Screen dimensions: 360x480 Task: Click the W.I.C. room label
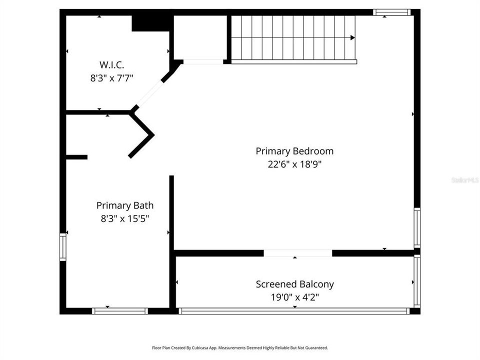pos(111,64)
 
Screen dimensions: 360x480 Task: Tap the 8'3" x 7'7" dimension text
pos(111,78)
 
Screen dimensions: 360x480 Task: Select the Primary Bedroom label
pos(294,151)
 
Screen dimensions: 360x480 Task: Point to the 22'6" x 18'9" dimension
pos(294,164)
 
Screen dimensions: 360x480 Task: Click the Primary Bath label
pos(125,205)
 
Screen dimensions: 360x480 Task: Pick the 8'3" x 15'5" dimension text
pos(125,218)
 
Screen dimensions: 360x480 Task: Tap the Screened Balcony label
pos(294,284)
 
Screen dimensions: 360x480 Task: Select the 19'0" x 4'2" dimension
pos(294,297)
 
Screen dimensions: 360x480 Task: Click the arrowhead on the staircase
pos(352,37)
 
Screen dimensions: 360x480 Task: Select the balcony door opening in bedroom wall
pos(298,253)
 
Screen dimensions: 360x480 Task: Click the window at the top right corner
pos(391,12)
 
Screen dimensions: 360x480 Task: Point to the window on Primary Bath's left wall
pos(63,247)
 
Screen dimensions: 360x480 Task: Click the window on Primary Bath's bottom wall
pos(120,311)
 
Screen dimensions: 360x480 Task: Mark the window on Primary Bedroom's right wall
pos(417,227)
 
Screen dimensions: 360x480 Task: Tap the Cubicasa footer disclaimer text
pos(240,347)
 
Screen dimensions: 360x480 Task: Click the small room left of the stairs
pos(200,37)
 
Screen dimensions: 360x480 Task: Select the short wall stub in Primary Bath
pos(76,157)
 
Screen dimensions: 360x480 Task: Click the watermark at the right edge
pos(465,179)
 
